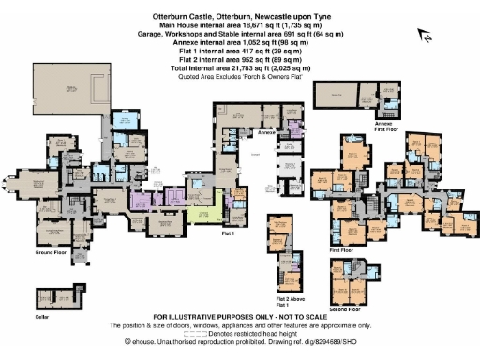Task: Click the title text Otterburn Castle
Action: [x=187, y=16]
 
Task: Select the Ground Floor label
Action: [x=52, y=253]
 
